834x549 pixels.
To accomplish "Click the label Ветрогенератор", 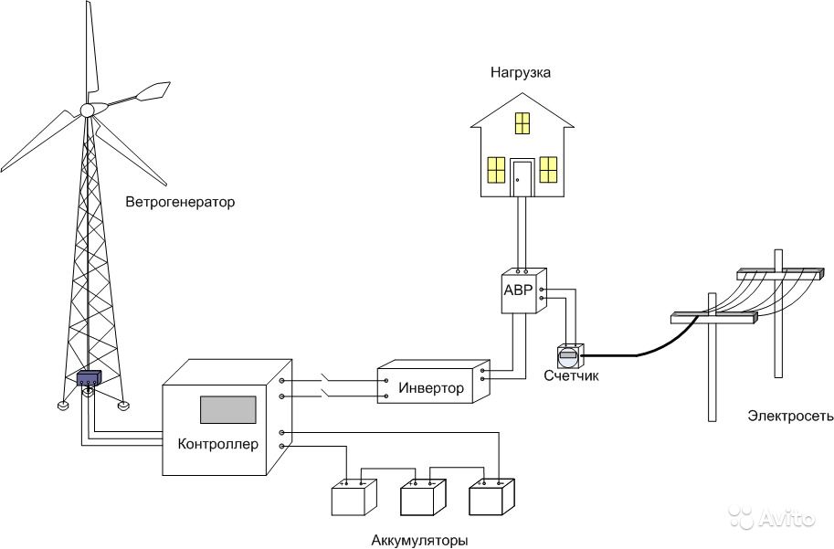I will point(181,201).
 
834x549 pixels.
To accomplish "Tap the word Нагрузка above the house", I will point(520,72).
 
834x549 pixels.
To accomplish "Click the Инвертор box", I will point(430,387).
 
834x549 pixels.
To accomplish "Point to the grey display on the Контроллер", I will point(227,410).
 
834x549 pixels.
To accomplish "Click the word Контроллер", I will point(218,445).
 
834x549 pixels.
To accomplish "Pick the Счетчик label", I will point(571,375).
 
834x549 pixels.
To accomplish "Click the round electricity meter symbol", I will point(568,355).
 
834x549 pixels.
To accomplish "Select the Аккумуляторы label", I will point(419,540).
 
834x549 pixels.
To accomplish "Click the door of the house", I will point(522,178).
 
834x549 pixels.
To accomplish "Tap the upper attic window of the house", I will point(522,122).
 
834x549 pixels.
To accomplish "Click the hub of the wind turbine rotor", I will point(88,110).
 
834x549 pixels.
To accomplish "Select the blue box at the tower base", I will point(89,378).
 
